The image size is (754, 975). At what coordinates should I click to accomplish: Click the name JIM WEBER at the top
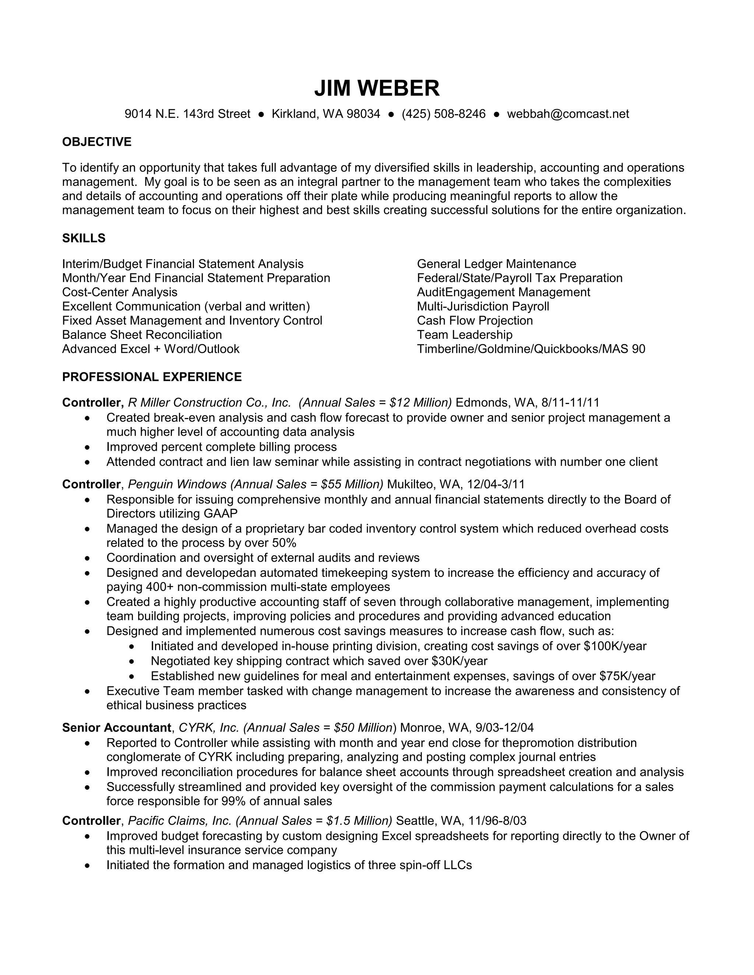(377, 88)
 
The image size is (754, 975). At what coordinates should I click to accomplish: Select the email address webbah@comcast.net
(568, 114)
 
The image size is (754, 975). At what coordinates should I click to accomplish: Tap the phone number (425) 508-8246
(443, 114)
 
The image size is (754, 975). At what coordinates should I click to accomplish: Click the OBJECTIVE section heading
(96, 142)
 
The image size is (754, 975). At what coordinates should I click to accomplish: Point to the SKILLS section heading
(84, 238)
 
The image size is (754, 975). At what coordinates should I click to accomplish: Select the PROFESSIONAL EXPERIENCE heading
(152, 377)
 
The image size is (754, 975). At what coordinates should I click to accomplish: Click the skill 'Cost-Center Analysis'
(120, 292)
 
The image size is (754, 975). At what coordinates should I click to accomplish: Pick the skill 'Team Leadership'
(465, 335)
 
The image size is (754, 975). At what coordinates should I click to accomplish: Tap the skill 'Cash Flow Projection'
(475, 320)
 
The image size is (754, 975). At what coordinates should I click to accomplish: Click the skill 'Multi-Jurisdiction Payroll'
(483, 307)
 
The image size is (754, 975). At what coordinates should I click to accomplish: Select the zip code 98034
(363, 114)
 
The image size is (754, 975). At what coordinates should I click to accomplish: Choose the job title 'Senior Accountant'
(117, 728)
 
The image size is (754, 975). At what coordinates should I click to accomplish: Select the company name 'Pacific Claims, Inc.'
(180, 821)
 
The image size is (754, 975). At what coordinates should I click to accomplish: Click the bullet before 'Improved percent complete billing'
(87, 447)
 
